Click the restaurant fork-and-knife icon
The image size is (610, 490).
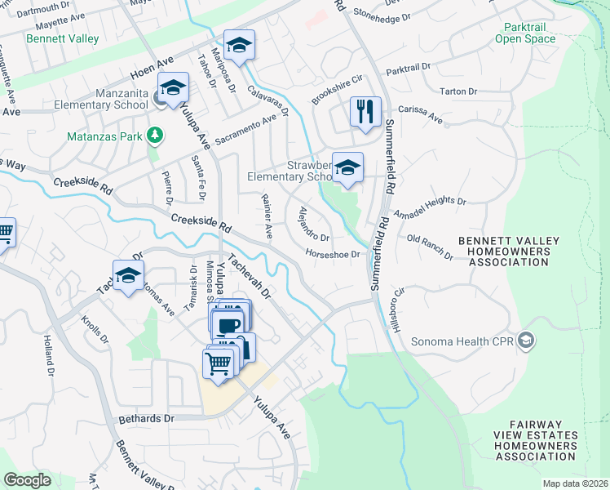coord(365,111)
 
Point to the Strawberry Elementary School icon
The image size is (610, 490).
coord(347,168)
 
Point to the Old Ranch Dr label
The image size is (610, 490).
coord(430,247)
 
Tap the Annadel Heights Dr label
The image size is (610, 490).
coord(429,207)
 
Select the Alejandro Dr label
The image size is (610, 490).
coord(312,224)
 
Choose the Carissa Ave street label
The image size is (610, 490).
coord(420,114)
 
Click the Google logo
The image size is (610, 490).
coord(28,480)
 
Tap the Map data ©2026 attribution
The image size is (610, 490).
coord(575,483)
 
